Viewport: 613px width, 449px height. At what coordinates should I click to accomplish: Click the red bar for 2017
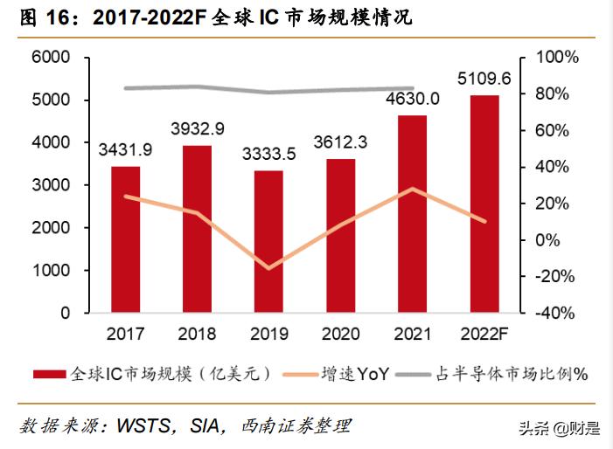click(125, 239)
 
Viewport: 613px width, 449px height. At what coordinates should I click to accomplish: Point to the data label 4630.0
click(411, 100)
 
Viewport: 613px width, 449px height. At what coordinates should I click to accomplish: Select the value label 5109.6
click(484, 80)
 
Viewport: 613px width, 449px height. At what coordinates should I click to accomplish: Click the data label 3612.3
click(340, 142)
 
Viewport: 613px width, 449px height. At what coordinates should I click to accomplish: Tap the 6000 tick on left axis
click(51, 58)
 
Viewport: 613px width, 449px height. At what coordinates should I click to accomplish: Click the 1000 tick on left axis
click(51, 270)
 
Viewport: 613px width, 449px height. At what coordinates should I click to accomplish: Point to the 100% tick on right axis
click(556, 58)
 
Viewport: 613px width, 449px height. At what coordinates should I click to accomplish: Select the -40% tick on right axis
click(556, 313)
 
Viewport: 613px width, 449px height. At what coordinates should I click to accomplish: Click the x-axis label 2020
click(340, 334)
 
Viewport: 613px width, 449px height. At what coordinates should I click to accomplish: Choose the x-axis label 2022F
click(484, 334)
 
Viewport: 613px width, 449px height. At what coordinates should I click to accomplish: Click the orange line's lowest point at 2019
click(268, 267)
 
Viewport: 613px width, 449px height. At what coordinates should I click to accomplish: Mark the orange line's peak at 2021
click(412, 189)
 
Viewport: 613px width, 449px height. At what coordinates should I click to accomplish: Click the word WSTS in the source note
click(139, 426)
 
